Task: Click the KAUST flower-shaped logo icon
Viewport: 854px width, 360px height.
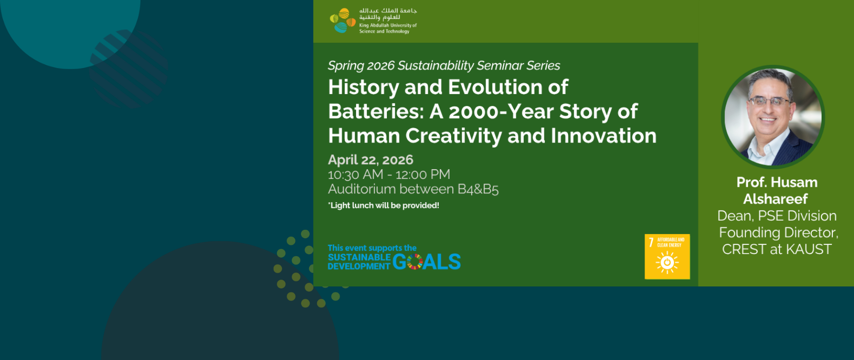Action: [x=342, y=20]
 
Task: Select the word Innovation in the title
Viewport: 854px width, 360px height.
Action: [x=603, y=136]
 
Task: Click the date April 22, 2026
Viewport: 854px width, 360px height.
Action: [x=370, y=159]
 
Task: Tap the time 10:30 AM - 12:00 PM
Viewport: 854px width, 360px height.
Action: [x=389, y=174]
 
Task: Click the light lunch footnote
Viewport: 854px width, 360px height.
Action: [x=384, y=206]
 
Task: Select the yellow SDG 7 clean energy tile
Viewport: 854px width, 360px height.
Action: [x=667, y=257]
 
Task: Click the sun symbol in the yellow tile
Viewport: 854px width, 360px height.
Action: [x=667, y=262]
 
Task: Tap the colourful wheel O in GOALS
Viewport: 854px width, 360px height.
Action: [x=415, y=262]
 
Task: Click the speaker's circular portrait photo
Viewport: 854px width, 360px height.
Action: [x=773, y=117]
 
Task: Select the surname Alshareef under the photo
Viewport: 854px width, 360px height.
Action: [x=775, y=199]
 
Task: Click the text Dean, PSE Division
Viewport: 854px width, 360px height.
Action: [x=777, y=215]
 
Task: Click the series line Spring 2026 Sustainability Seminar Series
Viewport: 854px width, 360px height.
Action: [x=444, y=65]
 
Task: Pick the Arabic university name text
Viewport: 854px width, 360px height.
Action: [x=388, y=14]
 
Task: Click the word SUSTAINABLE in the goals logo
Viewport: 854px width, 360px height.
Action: [x=359, y=257]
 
